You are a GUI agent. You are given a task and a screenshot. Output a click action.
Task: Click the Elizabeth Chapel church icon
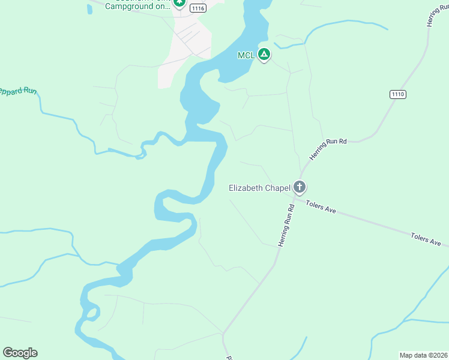pos(299,187)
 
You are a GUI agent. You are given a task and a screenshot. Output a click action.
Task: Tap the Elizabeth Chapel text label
pos(259,188)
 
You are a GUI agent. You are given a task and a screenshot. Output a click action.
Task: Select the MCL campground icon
pos(264,55)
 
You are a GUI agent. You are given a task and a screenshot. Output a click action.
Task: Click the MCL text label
pos(246,55)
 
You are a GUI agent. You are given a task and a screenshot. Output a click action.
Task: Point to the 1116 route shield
pos(198,8)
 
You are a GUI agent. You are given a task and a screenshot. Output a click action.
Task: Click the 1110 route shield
pos(397,94)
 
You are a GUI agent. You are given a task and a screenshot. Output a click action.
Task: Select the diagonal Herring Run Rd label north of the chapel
pos(328,149)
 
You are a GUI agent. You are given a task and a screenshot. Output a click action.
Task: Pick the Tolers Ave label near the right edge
pos(426,239)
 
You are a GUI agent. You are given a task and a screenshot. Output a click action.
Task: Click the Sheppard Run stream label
pos(18,92)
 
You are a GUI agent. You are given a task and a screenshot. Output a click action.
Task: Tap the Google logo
pos(20,353)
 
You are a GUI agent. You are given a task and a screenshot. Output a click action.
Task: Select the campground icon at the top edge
pos(179,3)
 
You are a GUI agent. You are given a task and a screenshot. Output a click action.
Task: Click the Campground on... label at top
pos(137,7)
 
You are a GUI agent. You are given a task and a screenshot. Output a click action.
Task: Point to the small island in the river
pos(92,313)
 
